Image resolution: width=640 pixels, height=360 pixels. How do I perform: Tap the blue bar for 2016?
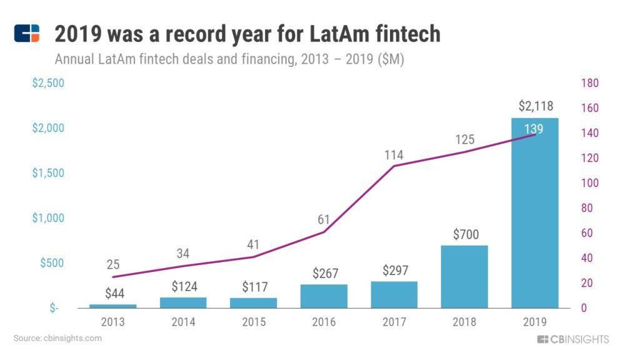pos(324,296)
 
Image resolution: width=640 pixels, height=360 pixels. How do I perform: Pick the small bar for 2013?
pos(112,306)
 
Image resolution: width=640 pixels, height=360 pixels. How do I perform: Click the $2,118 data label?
pos(536,106)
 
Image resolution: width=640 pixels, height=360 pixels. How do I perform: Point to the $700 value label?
pos(464,235)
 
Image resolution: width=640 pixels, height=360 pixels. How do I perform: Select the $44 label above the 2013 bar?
pos(114,294)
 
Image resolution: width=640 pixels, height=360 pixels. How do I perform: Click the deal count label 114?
pos(394,155)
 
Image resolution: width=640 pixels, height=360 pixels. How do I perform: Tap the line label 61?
pos(323,219)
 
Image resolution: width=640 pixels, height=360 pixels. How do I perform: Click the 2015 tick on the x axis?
pos(254,322)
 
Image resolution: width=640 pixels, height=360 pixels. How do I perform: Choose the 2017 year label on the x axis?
pos(394,322)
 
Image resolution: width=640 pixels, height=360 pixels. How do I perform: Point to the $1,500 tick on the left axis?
pos(48,173)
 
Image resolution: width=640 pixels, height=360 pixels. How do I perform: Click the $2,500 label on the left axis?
pos(48,83)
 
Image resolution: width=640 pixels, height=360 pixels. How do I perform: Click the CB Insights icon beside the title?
pos(27,33)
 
